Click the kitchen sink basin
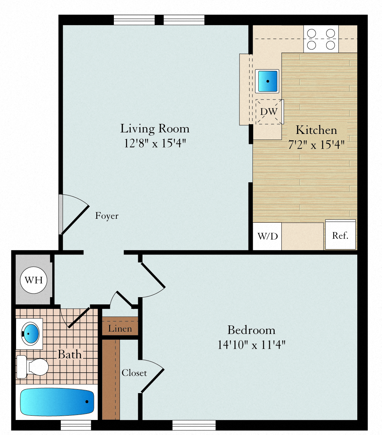[267, 81]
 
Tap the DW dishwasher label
[269, 112]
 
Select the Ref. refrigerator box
[340, 235]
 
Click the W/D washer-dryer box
[267, 236]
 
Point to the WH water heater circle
[34, 280]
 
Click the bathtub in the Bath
[57, 402]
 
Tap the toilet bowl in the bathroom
[38, 367]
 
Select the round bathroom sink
[30, 334]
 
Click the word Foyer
[107, 216]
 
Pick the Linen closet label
[120, 329]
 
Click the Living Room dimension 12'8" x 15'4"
[155, 143]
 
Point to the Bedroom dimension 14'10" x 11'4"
[252, 345]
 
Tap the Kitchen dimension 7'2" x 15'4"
[316, 145]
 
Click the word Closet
[134, 373]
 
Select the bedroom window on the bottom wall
[194, 425]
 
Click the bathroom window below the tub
[76, 425]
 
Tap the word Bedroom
[251, 330]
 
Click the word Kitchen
[316, 130]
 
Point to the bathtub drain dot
[87, 401]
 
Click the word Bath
[70, 354]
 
